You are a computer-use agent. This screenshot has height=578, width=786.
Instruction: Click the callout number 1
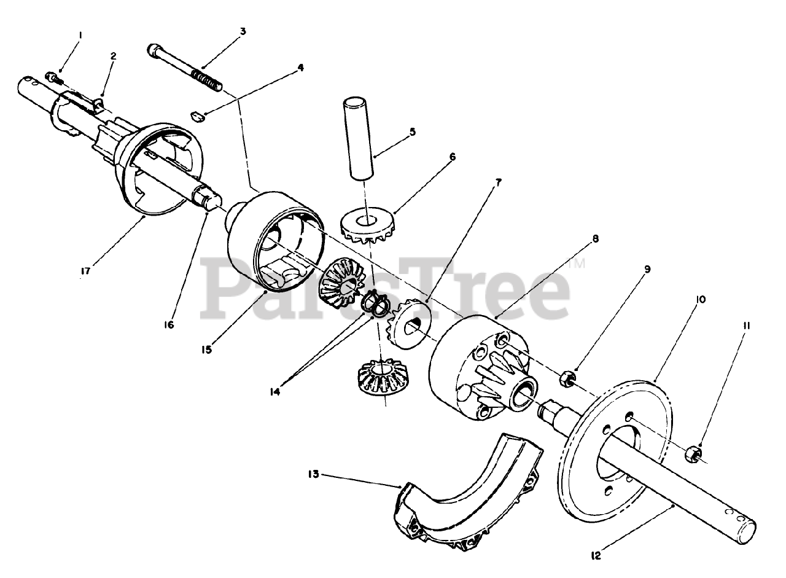80,35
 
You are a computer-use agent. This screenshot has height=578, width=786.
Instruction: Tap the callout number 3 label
243,31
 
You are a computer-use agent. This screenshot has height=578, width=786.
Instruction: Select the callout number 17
85,271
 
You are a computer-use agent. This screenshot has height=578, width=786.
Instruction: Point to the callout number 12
596,556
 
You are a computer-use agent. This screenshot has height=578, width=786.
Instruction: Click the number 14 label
275,392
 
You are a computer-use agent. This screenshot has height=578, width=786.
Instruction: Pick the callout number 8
596,239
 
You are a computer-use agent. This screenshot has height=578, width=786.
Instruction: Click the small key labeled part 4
198,117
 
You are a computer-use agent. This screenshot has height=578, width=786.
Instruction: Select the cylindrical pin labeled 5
358,139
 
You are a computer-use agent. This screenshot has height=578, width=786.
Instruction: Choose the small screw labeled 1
54,78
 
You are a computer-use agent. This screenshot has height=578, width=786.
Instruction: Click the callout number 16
169,325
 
